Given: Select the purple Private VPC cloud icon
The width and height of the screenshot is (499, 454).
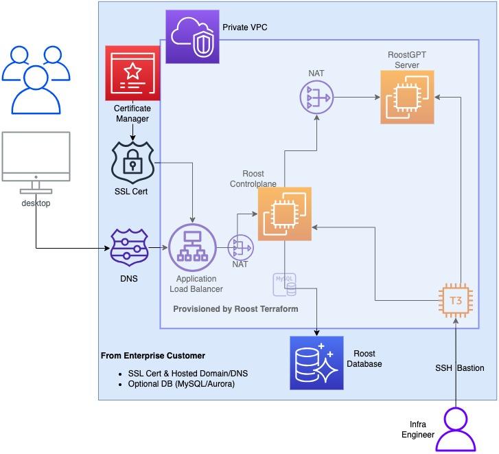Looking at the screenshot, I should click(x=193, y=36).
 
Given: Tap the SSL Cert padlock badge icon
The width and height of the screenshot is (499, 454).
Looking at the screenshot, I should click(x=132, y=162).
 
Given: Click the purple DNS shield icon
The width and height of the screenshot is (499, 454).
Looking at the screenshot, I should click(x=130, y=247).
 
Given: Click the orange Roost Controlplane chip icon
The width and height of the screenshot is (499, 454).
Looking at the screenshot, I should click(x=284, y=214).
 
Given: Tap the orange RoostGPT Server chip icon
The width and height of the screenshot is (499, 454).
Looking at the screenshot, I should click(x=407, y=98).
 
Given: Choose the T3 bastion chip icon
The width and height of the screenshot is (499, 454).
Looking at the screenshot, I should click(x=456, y=299).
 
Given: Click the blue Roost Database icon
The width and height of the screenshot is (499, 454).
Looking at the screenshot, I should click(x=316, y=363).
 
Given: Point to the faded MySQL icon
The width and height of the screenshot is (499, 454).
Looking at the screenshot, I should click(x=285, y=284).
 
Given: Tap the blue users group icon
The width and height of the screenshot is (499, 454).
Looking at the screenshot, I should click(x=32, y=79).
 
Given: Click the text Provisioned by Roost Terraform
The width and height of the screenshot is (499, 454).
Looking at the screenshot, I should click(x=235, y=309).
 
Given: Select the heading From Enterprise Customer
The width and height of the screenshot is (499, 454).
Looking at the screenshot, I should click(x=152, y=356).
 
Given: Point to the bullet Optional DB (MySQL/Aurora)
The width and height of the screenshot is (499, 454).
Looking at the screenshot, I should click(x=181, y=384).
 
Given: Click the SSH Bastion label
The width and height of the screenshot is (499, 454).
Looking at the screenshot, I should click(x=459, y=368).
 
